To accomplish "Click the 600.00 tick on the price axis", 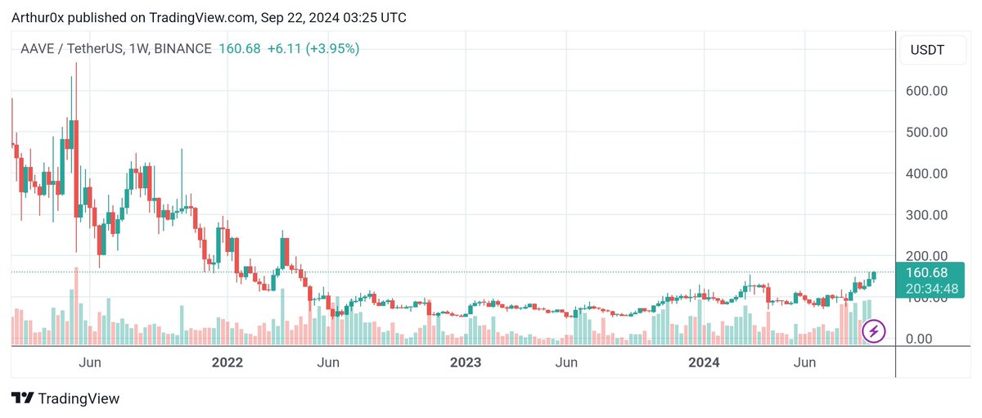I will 927,91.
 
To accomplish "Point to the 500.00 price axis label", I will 927,133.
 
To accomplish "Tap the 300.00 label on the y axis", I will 927,215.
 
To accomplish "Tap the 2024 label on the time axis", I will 703,362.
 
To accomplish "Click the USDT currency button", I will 927,51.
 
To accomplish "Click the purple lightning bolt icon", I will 874,330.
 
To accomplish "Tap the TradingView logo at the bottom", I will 65,398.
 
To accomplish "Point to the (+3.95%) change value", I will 333,49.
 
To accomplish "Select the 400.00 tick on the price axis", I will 927,173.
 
